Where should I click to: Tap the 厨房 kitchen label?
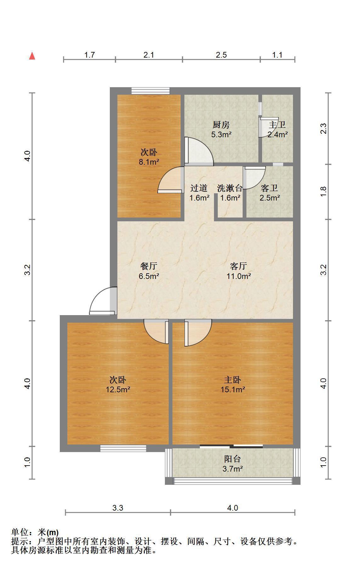point(221,125)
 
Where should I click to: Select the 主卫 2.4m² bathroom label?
point(278,130)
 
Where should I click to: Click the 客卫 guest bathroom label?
point(270,188)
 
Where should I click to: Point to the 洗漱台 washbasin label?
point(230,188)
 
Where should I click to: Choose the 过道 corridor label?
point(199,188)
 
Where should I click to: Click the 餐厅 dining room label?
point(149,266)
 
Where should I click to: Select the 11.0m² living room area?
point(239,276)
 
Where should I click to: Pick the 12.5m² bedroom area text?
point(118,390)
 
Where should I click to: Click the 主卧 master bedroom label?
point(233,380)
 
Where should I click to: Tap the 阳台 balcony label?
point(233,459)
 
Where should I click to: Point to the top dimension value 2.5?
point(221,55)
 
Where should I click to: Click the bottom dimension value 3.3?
point(118,508)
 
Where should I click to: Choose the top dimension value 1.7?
point(89,55)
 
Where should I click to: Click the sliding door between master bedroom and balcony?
point(231,446)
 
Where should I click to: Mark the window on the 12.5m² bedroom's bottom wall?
point(123,448)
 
